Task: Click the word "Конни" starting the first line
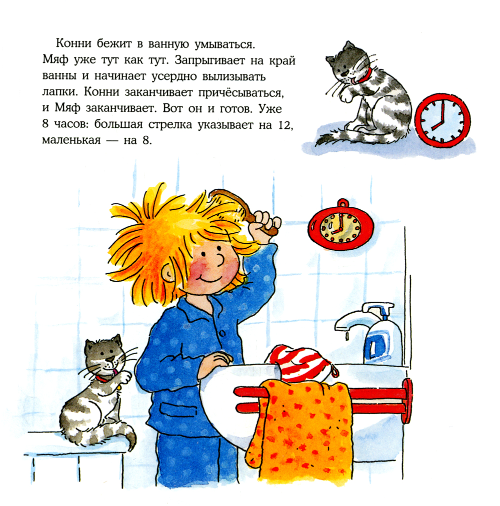pos(73,43)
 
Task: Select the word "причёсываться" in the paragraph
pos(240,92)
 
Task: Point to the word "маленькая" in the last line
pos(71,140)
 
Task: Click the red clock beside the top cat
pos(442,120)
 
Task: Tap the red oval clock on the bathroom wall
pos(341,225)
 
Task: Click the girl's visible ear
pos(168,273)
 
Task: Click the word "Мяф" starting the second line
pos(55,60)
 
